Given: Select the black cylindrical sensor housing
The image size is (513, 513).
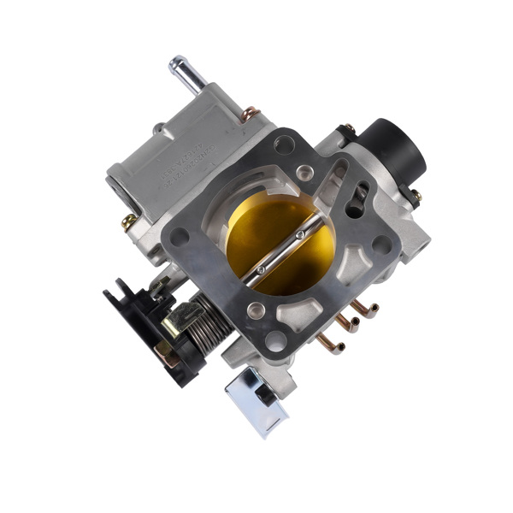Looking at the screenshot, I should tap(394, 146).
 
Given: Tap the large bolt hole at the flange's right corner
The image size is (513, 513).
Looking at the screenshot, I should tap(381, 244).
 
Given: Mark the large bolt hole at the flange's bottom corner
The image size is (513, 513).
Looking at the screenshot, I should tap(275, 339).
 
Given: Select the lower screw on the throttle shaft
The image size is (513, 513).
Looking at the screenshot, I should tap(261, 270).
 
